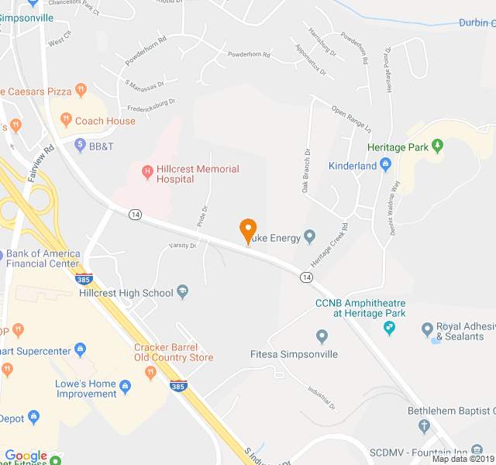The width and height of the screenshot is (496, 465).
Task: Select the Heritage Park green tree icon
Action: (x=437, y=145)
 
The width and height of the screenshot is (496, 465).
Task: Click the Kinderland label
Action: (x=352, y=166)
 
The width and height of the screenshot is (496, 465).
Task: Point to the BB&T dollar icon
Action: (x=80, y=145)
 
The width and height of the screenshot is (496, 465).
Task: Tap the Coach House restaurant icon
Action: (x=66, y=121)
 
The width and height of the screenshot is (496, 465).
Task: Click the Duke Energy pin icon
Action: (x=309, y=236)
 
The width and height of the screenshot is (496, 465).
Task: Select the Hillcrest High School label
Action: (x=126, y=293)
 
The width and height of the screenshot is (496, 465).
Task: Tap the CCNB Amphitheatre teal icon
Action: (x=390, y=329)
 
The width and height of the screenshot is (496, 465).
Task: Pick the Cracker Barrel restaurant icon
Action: (x=150, y=373)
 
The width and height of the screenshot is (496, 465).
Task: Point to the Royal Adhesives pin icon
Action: (x=426, y=331)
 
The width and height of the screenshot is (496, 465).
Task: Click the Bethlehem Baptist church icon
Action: (x=423, y=425)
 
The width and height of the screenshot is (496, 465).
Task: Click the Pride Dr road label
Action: (x=204, y=212)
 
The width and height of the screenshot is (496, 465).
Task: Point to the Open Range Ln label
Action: (x=353, y=117)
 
